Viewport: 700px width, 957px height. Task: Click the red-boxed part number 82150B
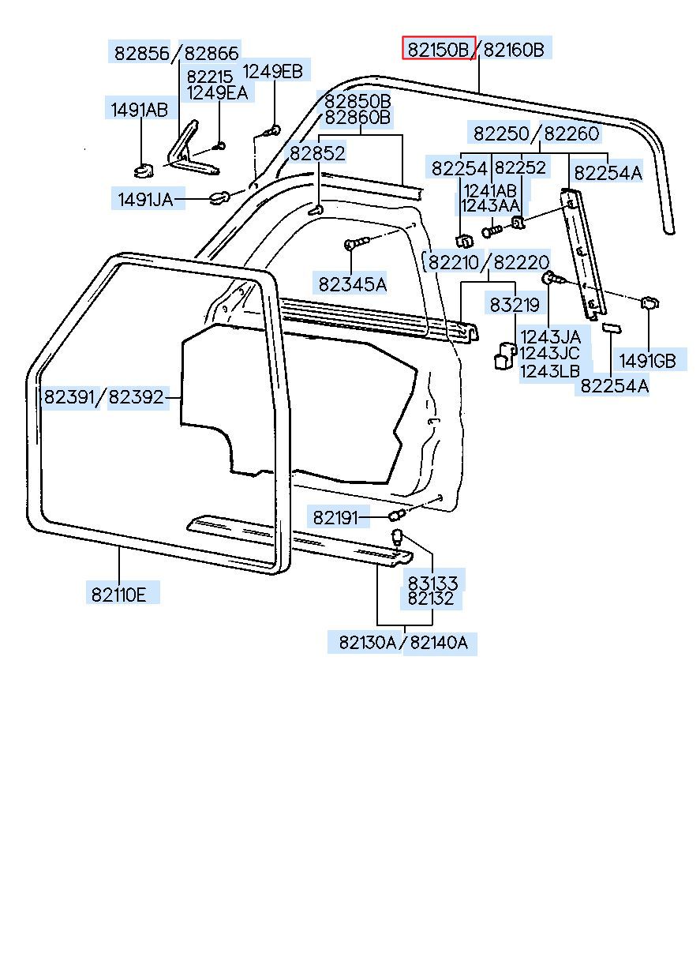pos(439,49)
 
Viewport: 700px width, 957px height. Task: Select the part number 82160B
pos(514,49)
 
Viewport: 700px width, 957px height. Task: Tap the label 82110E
pos(118,593)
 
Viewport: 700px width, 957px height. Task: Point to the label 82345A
pos(353,283)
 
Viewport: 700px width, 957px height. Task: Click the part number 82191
pos(336,518)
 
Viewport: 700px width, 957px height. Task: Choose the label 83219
pos(515,305)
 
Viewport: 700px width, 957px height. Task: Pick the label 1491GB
pos(647,361)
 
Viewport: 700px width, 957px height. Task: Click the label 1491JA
pos(145,200)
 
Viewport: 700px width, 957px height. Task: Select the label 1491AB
pos(139,110)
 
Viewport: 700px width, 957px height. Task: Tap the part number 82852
pos(316,154)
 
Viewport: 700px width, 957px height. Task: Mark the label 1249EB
pos(272,71)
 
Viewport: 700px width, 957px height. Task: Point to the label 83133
pos(432,583)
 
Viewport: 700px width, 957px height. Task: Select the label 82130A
pos(368,643)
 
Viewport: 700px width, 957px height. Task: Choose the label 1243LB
pos(550,371)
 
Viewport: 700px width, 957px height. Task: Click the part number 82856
pos(142,53)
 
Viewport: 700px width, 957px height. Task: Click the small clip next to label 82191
pos(397,516)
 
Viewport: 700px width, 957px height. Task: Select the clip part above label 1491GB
pos(649,302)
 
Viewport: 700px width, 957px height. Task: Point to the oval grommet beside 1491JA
pos(220,197)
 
